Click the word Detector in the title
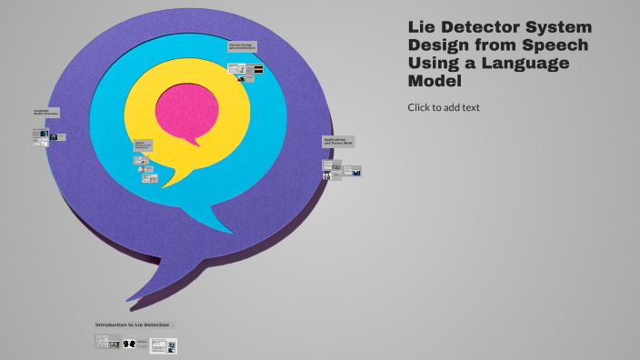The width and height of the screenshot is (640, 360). tap(487, 27)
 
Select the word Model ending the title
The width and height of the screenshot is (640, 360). tap(435, 81)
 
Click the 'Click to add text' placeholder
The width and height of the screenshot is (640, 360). tap(444, 107)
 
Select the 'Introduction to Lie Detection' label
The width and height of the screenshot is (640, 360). tap(133, 325)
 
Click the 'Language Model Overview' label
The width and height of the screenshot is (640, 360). tap(46, 113)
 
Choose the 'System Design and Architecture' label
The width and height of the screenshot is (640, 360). tap(242, 46)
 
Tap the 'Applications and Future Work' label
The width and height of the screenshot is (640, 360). tap(338, 142)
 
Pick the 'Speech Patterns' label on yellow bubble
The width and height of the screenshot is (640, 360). tap(144, 145)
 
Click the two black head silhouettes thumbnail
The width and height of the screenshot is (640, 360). tap(128, 344)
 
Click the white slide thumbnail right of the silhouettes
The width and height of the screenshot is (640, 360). tap(164, 345)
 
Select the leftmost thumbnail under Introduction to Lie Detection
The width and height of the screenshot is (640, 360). tap(108, 343)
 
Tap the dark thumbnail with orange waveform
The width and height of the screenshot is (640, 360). tap(258, 69)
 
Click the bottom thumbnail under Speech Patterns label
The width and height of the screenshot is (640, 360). tap(150, 178)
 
